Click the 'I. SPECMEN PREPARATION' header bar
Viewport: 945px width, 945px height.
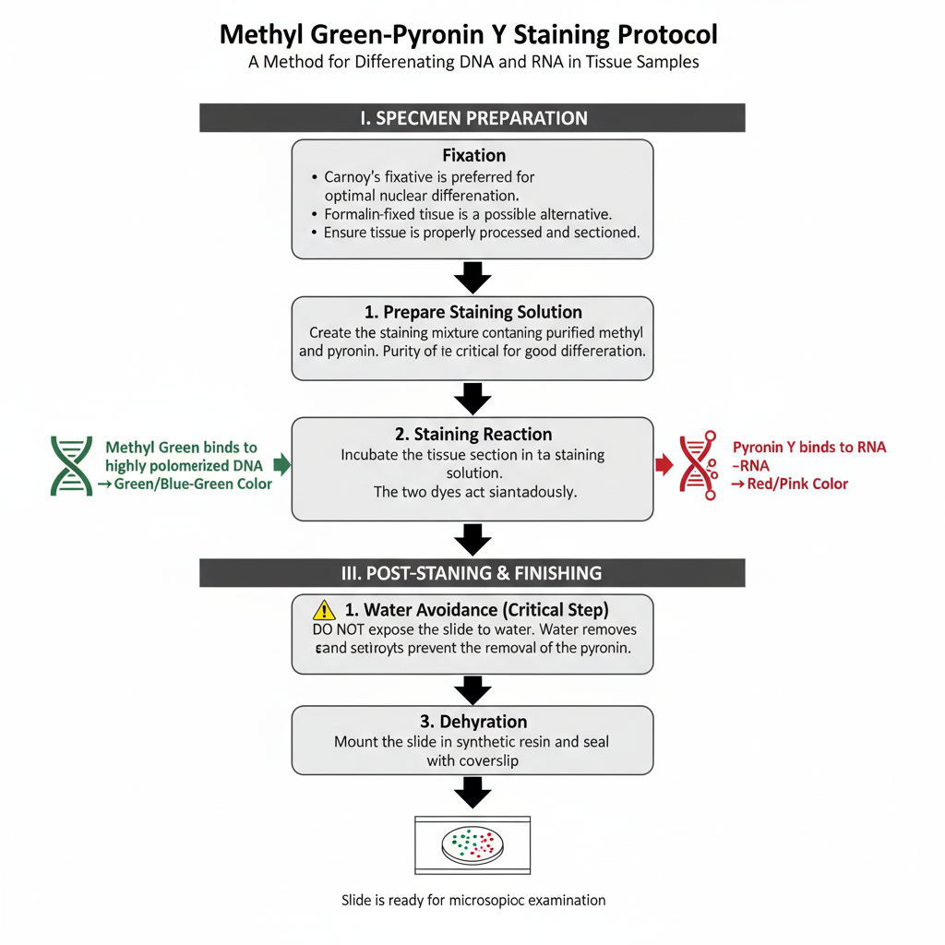point(472,118)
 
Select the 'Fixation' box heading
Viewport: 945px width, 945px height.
point(472,156)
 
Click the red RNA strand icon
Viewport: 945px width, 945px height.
point(700,465)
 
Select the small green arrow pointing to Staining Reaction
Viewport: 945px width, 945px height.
point(283,464)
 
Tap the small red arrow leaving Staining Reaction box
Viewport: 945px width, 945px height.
point(664,464)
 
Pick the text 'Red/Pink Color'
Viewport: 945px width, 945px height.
point(795,484)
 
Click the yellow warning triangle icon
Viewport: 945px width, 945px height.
point(324,609)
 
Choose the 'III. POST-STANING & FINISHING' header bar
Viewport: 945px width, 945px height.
point(472,573)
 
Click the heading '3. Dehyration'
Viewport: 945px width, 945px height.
point(472,722)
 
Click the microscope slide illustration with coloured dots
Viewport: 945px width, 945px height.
point(472,843)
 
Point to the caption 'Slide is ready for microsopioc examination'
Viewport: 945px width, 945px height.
point(472,900)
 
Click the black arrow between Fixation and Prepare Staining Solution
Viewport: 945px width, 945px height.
point(472,276)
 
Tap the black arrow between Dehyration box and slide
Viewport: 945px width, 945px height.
point(472,792)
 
